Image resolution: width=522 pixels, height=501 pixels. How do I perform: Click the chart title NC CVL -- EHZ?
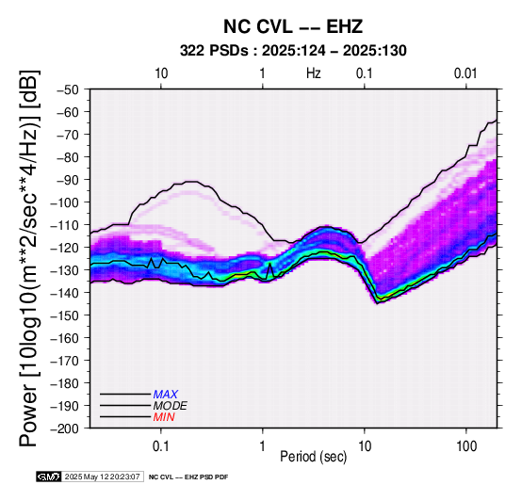pyautogui.click(x=293, y=26)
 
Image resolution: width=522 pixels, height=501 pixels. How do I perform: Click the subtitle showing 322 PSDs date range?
pyautogui.click(x=293, y=51)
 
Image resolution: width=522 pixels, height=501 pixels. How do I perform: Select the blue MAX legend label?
pyautogui.click(x=166, y=395)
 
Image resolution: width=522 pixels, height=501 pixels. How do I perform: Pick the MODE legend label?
pyautogui.click(x=171, y=406)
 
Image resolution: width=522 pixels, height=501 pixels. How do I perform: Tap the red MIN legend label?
pyautogui.click(x=164, y=417)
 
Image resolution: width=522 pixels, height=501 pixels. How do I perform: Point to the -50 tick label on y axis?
pyautogui.click(x=68, y=89)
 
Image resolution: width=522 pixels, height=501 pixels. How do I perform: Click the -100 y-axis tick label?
pyautogui.click(x=65, y=202)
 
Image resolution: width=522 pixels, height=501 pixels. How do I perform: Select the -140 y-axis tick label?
pyautogui.click(x=65, y=293)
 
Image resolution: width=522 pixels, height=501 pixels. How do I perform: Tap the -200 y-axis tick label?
pyautogui.click(x=65, y=428)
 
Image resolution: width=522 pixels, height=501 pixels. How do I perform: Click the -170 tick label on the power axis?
pyautogui.click(x=65, y=361)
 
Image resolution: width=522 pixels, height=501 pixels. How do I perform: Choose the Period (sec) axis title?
pyautogui.click(x=313, y=457)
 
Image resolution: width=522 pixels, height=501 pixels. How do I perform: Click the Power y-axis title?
pyautogui.click(x=28, y=258)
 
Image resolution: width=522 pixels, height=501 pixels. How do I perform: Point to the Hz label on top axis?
pyautogui.click(x=313, y=73)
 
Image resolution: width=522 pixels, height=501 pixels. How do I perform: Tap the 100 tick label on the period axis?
pyautogui.click(x=466, y=446)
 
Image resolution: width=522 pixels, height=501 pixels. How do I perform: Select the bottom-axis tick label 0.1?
pyautogui.click(x=161, y=446)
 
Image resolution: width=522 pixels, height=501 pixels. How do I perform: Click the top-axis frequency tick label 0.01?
pyautogui.click(x=465, y=73)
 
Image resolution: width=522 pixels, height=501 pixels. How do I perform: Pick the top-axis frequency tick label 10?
pyautogui.click(x=161, y=73)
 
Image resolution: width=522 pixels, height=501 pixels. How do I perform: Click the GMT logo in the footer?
pyautogui.click(x=49, y=477)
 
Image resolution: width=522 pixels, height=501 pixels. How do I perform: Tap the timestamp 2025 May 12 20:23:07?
pyautogui.click(x=102, y=477)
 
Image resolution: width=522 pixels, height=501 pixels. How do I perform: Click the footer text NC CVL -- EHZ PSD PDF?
pyautogui.click(x=188, y=477)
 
